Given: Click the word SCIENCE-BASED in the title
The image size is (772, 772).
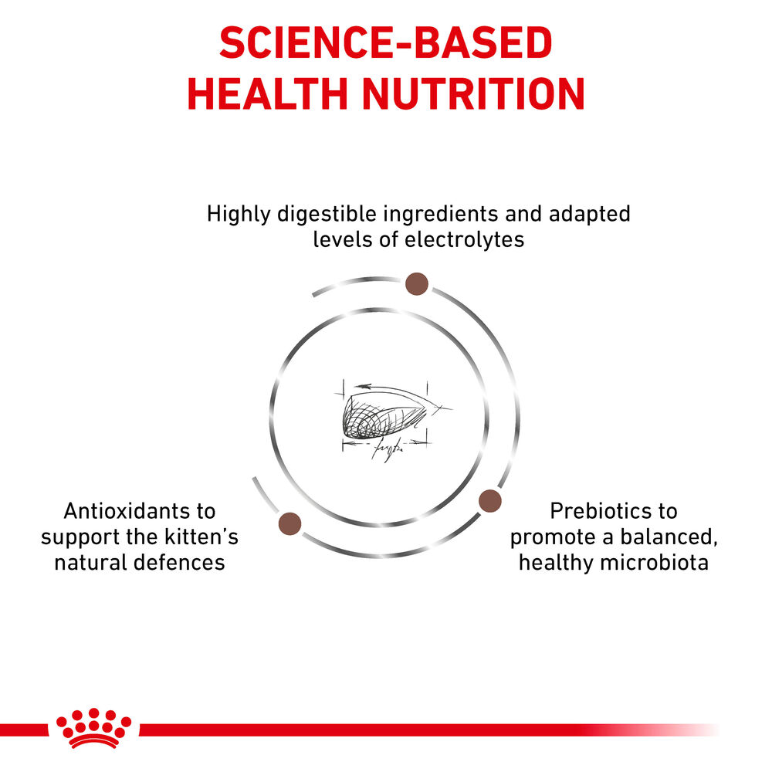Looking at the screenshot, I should click(x=386, y=45).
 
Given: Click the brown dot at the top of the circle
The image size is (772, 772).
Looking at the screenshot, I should click(x=417, y=284).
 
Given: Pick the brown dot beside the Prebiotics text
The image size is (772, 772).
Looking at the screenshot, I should click(x=490, y=502).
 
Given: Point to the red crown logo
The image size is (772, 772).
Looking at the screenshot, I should click(x=93, y=728).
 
